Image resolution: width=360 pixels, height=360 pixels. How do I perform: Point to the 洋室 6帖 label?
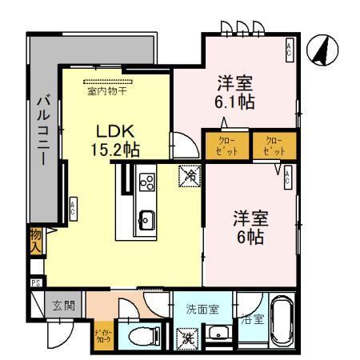tap(250, 226)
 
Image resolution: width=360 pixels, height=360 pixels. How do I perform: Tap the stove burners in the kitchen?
tap(146, 182)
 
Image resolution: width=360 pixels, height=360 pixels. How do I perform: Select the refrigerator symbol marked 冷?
tap(190, 172)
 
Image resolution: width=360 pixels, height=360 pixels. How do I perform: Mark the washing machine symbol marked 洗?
tap(189, 337)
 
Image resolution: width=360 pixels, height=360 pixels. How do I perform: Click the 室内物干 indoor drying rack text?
tap(107, 90)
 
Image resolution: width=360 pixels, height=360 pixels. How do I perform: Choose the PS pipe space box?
tap(35, 282)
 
